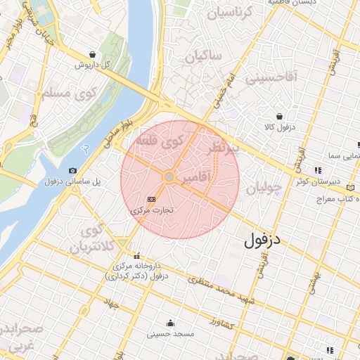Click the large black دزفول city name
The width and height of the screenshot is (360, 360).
264,240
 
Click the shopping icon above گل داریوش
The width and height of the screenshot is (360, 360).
93,54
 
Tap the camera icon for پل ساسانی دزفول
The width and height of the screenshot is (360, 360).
73,171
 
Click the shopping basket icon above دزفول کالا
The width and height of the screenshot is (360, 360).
280,116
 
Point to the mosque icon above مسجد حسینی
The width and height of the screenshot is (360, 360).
170,323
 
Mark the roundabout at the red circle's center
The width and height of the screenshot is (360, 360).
169,176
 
